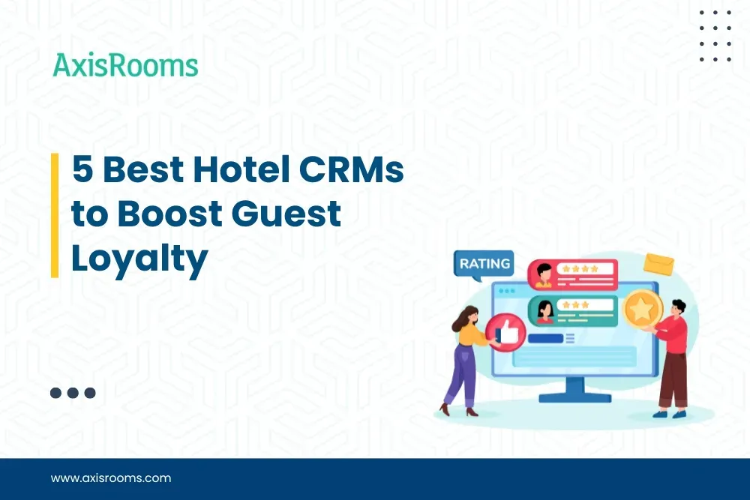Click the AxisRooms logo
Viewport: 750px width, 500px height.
125,66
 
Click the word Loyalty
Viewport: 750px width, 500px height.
139,259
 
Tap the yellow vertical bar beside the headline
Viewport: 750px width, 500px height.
55,215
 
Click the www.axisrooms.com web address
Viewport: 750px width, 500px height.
111,478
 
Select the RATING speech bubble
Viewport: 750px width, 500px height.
484,265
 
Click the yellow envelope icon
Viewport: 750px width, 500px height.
658,263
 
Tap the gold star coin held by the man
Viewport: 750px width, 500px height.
643,308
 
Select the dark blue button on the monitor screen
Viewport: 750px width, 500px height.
545,338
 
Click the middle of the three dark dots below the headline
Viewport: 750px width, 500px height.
73,392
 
